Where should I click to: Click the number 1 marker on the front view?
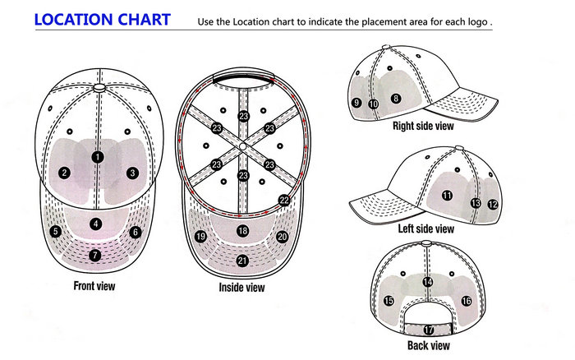point(98,157)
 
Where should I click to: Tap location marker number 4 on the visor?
point(96,224)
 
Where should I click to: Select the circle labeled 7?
point(95,255)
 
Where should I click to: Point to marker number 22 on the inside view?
point(284,201)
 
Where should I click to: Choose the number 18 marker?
point(243,231)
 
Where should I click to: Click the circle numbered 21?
point(242,261)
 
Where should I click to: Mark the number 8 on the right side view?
point(395,99)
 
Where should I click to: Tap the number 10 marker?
point(373,104)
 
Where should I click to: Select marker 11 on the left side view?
point(447,196)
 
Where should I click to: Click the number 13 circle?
point(476,203)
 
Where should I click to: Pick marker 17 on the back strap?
point(429,330)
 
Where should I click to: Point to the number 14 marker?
point(428,282)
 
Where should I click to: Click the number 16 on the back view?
point(467,302)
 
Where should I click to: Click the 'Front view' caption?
point(94,286)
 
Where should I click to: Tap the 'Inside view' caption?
point(241,287)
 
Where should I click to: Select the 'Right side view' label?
point(423,126)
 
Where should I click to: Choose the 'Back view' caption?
point(428,345)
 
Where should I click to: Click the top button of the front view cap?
point(99,88)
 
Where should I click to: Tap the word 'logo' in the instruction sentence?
point(477,22)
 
